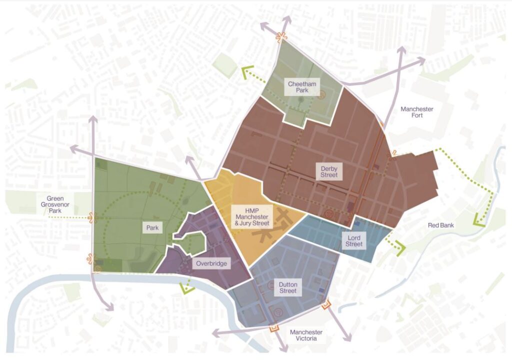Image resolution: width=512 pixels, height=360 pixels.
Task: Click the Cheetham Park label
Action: coord(302,87)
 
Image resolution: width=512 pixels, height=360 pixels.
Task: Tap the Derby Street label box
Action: coord(329,171)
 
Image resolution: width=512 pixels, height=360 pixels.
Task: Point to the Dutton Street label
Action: coord(287,287)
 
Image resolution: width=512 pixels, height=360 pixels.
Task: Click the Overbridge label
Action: coord(210,263)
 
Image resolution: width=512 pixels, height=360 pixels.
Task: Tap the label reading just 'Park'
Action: coord(152,228)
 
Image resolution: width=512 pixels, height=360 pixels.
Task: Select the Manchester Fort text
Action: coord(416,112)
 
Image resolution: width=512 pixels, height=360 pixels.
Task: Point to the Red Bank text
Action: coord(440,225)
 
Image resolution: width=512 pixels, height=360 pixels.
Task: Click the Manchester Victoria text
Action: coord(306,335)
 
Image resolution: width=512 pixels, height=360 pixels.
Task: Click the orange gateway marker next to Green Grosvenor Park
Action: coord(91,217)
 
